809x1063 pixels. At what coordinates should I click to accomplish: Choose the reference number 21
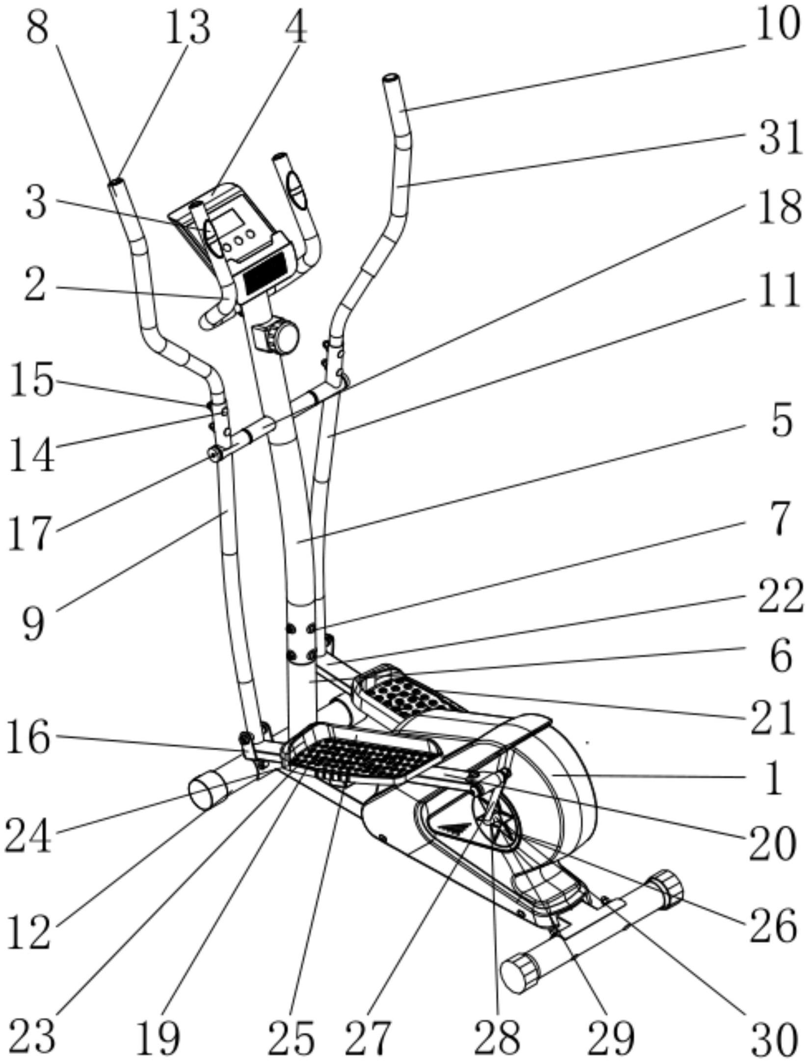tap(772, 717)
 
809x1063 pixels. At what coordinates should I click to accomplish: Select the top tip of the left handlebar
tap(115, 183)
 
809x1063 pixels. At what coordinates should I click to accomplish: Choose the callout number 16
tap(28, 736)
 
